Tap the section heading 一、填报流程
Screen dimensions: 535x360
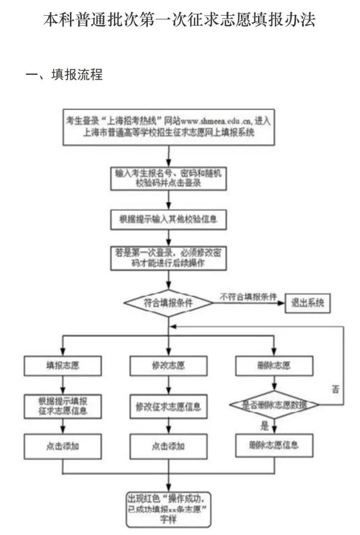pos(64,75)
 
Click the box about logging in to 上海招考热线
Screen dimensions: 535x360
pos(168,127)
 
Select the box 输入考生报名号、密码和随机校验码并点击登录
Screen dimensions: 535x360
pos(168,178)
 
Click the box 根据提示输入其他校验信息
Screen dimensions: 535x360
pos(168,220)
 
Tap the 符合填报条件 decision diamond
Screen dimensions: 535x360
pos(168,302)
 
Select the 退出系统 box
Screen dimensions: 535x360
pos(308,303)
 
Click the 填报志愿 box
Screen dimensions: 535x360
pos(62,366)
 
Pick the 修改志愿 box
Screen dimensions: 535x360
pos(168,366)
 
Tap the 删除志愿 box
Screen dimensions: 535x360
pos(274,366)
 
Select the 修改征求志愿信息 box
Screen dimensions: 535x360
pos(168,407)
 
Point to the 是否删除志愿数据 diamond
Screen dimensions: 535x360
pos(274,405)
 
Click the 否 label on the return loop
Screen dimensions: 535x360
pos(335,390)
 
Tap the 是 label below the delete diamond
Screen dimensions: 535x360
pos(264,424)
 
